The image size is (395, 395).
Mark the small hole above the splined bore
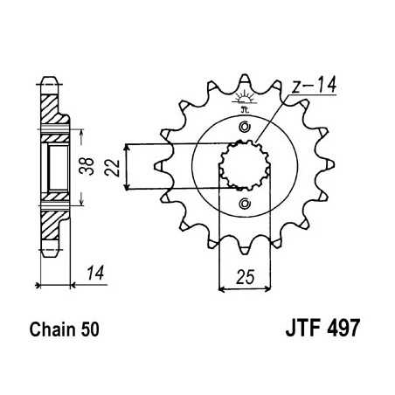pyautogui.click(x=245, y=130)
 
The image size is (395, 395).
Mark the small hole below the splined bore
pyautogui.click(x=245, y=204)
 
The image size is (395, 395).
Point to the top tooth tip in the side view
pyautogui.click(x=54, y=80)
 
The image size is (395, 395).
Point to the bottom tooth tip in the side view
pyautogui.click(x=54, y=253)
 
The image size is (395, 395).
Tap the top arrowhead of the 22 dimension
pyautogui.click(x=128, y=147)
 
